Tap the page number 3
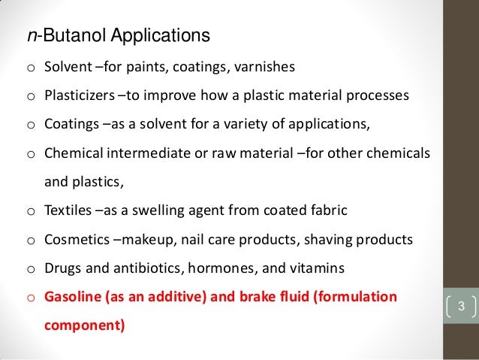click(x=461, y=307)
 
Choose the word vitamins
click(x=317, y=268)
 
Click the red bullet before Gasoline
click(x=32, y=298)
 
